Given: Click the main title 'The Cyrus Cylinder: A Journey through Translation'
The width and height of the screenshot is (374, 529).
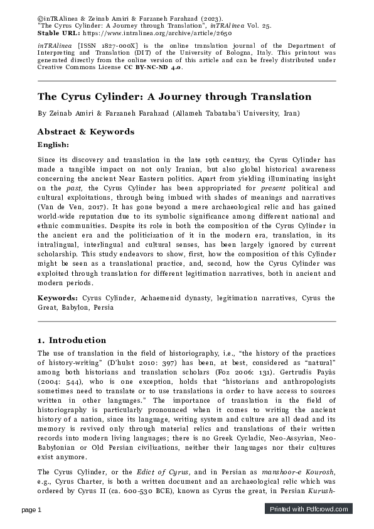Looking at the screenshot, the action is (174, 97).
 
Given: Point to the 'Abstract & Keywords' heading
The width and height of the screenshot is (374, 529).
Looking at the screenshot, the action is (86, 131).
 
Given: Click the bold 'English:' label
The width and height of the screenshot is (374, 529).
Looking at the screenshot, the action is (54, 145).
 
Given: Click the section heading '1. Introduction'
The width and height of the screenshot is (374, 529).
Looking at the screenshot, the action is (72, 340).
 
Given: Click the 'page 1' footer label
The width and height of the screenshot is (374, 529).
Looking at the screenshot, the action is (32, 510).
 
